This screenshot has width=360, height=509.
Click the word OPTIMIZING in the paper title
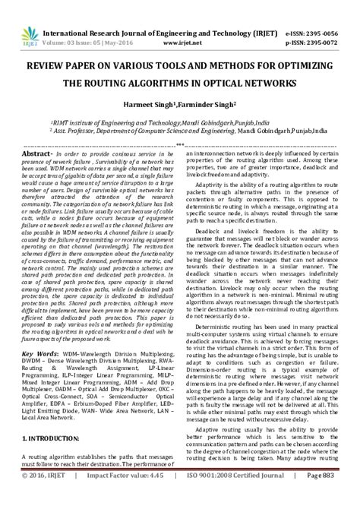click(311, 65)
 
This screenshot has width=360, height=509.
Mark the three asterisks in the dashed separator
click(180, 143)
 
